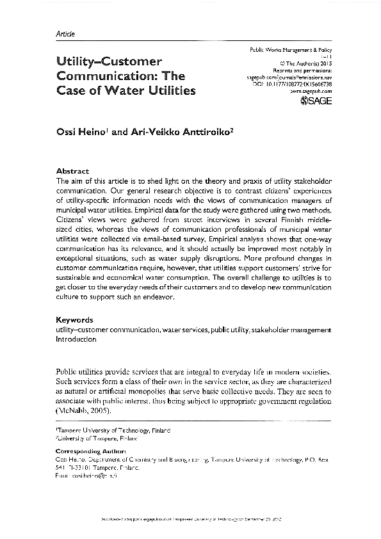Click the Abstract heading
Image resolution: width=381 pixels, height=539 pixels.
tap(72, 172)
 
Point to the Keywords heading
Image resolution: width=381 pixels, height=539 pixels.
tap(75, 319)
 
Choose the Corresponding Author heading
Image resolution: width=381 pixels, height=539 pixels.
tap(90, 451)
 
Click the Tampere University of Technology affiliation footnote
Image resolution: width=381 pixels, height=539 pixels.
tap(113, 432)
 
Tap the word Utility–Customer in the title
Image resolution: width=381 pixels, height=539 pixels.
tap(109, 61)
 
